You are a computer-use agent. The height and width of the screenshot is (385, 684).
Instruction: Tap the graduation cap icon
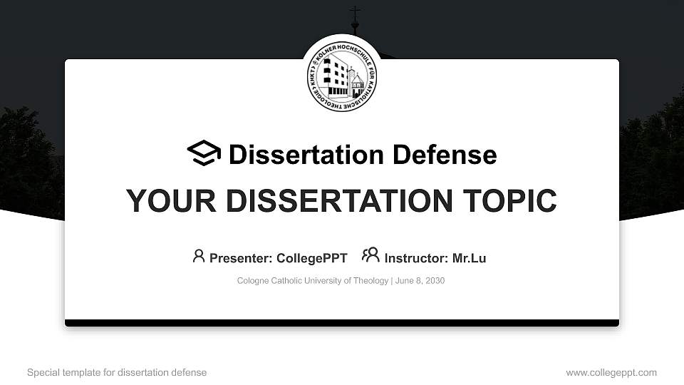[204, 154]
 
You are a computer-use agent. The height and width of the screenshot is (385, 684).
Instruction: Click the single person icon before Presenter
[199, 256]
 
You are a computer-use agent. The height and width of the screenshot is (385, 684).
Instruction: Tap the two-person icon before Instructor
[370, 255]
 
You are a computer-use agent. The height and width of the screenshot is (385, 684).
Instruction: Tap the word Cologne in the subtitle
[254, 281]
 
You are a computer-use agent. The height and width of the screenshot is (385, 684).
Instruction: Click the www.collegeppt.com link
[611, 373]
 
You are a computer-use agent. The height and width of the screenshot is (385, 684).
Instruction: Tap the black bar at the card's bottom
[342, 323]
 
